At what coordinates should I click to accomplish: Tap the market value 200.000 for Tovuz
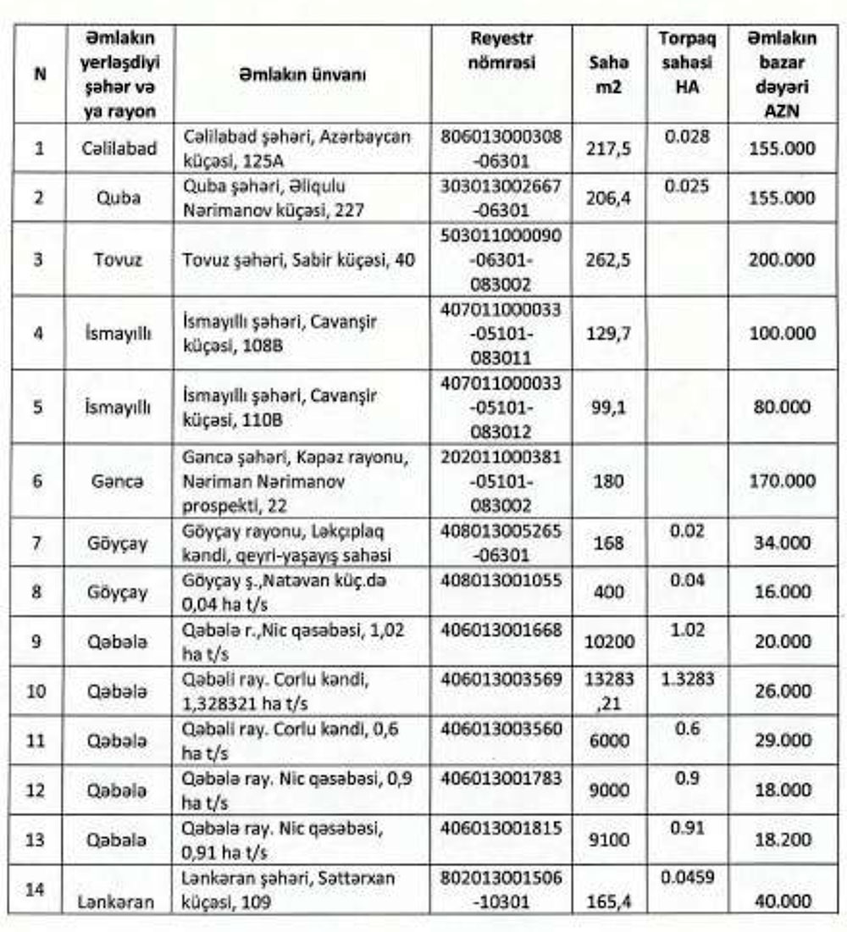pos(782,259)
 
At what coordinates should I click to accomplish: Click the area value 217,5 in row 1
pos(607,148)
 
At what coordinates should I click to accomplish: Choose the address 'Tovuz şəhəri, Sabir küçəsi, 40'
pos(299,259)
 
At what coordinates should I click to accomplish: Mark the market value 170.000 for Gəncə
pos(782,481)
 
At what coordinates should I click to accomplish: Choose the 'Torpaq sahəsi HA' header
pos(686,63)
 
